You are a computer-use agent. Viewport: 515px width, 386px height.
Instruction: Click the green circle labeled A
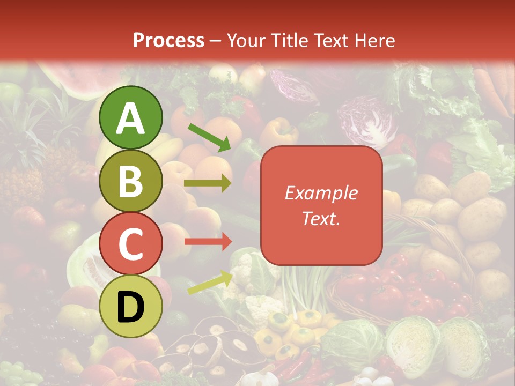pyautogui.click(x=130, y=118)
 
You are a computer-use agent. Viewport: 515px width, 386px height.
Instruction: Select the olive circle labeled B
pyautogui.click(x=130, y=181)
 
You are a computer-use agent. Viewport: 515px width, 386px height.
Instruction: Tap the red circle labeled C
pyautogui.click(x=130, y=244)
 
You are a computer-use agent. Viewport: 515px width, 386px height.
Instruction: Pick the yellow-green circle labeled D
pyautogui.click(x=130, y=307)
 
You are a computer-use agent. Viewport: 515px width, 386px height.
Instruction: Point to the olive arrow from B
pyautogui.click(x=208, y=183)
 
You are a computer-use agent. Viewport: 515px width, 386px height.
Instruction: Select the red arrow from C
pyautogui.click(x=208, y=242)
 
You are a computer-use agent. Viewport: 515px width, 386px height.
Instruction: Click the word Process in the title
pyautogui.click(x=168, y=41)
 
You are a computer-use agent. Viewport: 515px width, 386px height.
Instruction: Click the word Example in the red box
pyautogui.click(x=321, y=193)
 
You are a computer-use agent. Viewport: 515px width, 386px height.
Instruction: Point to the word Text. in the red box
pyautogui.click(x=321, y=218)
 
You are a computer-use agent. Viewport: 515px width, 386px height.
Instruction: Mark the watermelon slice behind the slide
pyautogui.click(x=80, y=80)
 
